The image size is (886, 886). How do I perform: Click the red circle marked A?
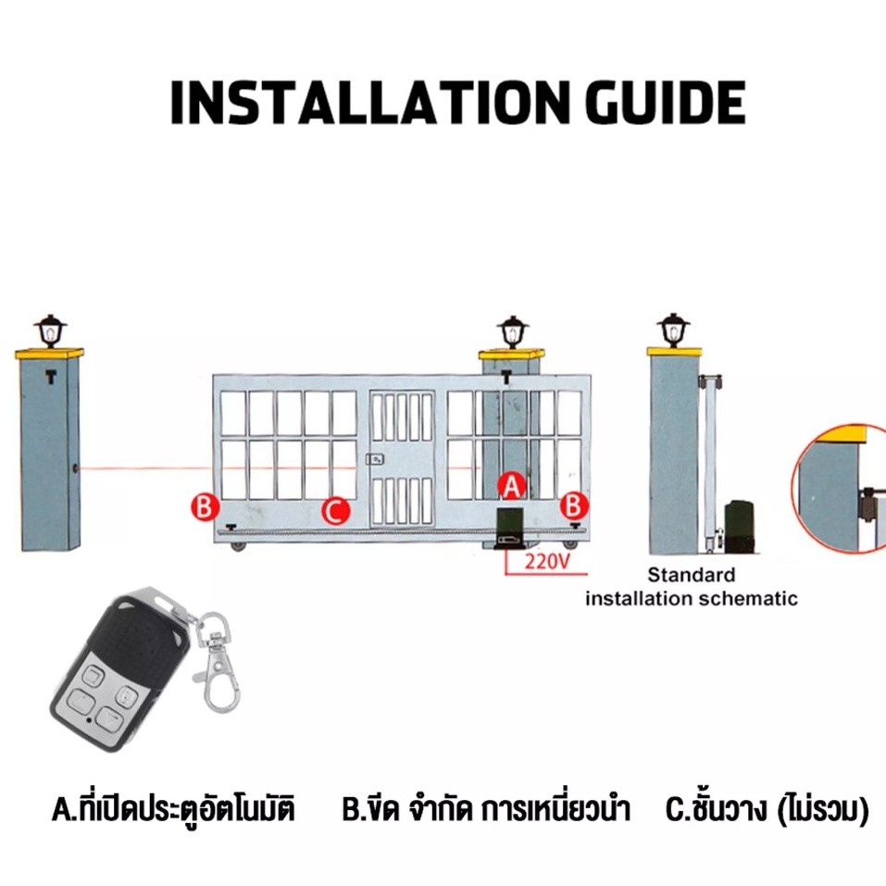(x=511, y=483)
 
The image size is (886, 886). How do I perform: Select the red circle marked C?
(x=335, y=509)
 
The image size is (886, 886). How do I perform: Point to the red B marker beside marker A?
(x=574, y=505)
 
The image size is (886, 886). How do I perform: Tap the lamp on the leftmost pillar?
(x=49, y=331)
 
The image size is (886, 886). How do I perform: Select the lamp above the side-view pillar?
(x=673, y=330)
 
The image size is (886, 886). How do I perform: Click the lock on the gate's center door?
(x=375, y=458)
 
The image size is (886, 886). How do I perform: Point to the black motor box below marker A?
(x=510, y=529)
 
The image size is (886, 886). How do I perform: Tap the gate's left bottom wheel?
(x=239, y=545)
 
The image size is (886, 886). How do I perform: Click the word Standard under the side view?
(x=691, y=575)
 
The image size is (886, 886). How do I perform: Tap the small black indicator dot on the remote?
(x=85, y=718)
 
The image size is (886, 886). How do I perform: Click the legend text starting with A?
(x=173, y=811)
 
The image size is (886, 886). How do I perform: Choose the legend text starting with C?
(x=767, y=811)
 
